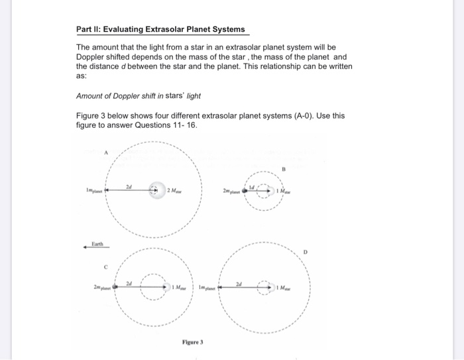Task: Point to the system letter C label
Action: pos(104,268)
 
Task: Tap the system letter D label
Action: pos(306,252)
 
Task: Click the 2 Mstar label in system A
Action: pos(177,190)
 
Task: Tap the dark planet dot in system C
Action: pos(115,287)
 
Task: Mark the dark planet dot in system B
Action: pos(245,190)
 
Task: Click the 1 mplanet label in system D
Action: pos(200,288)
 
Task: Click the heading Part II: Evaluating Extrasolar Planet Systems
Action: pos(160,29)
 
